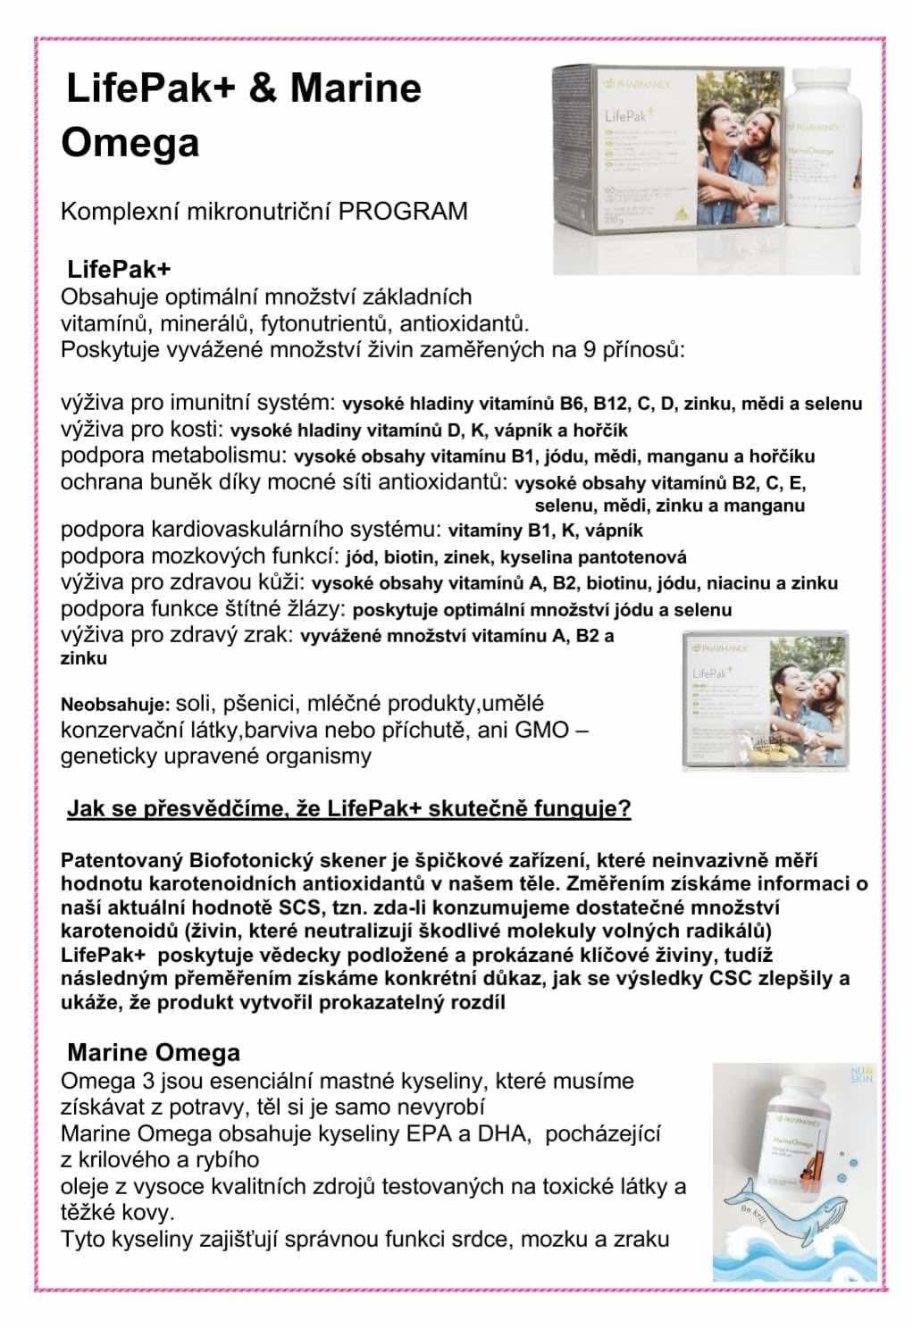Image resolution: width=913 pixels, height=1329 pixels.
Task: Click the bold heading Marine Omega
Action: pyautogui.click(x=154, y=1051)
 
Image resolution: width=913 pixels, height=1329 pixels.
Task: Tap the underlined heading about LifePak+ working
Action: pyautogui.click(x=349, y=809)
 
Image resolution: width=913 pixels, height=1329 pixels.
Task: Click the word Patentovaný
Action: pyautogui.click(x=123, y=861)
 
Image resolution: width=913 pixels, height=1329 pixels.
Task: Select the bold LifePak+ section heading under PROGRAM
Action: pyautogui.click(x=120, y=269)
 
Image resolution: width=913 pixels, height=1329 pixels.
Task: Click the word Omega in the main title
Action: pyautogui.click(x=130, y=143)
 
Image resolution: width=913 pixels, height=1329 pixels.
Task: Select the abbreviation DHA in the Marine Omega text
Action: pyautogui.click(x=506, y=1133)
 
